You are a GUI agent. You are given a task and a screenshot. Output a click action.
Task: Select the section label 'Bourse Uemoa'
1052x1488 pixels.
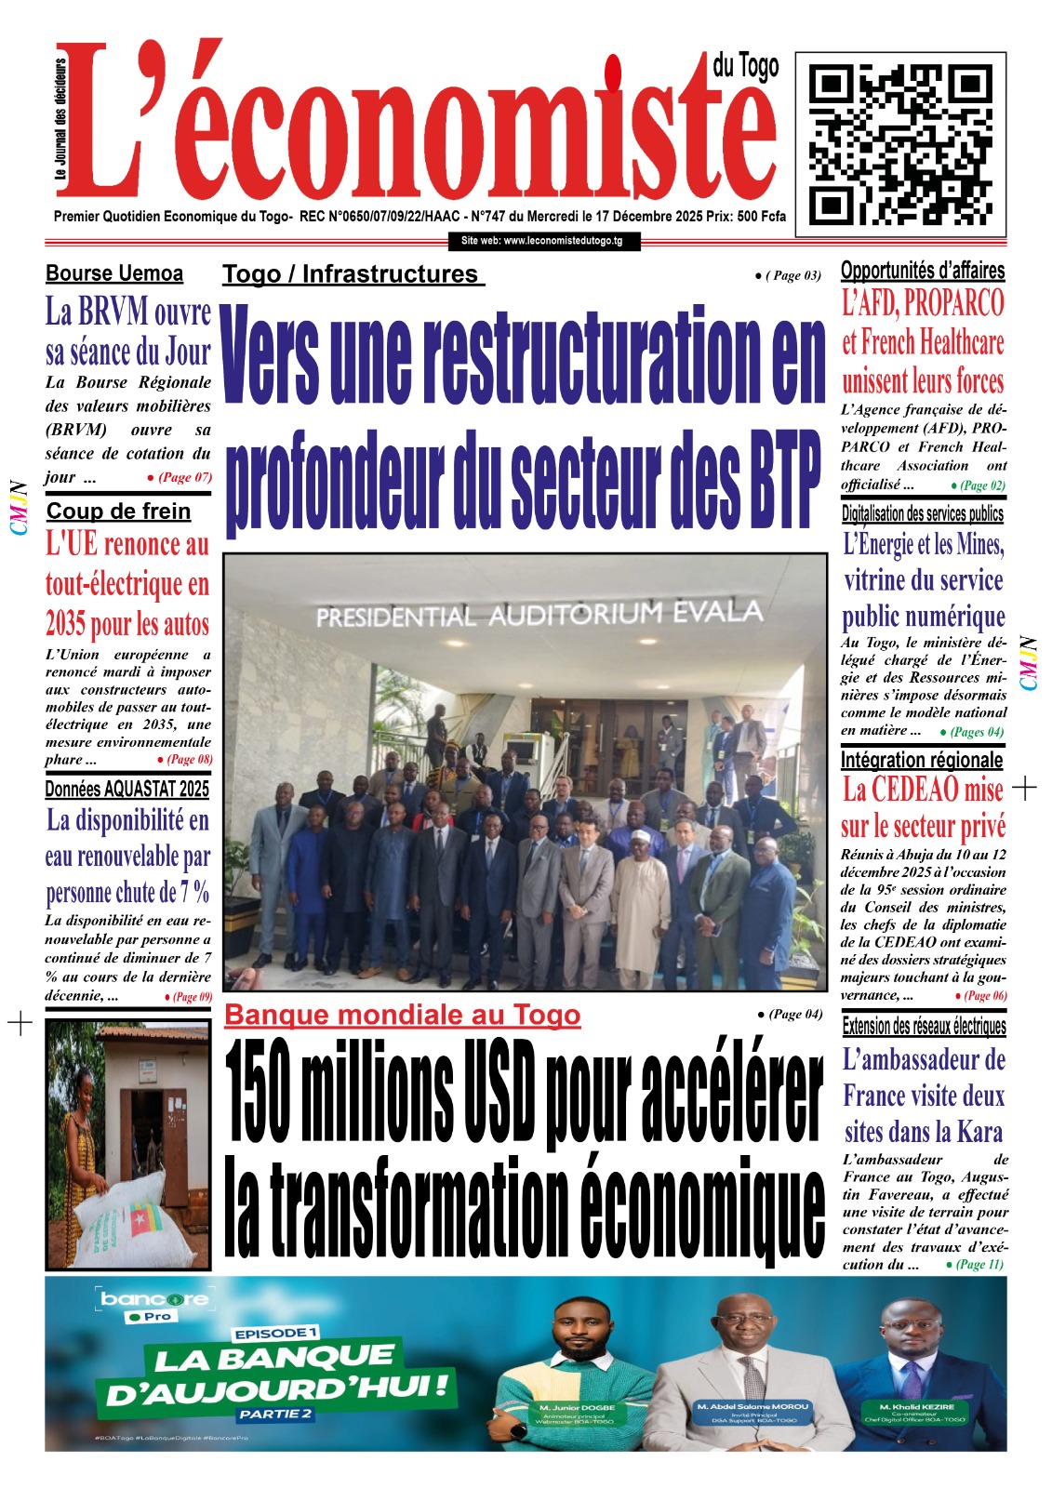point(114,273)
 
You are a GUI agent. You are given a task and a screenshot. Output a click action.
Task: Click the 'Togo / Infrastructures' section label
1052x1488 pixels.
point(353,274)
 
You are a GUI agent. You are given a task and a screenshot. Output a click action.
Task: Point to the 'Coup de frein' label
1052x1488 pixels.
point(118,511)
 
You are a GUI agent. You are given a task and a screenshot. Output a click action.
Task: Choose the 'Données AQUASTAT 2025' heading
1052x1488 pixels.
point(127,789)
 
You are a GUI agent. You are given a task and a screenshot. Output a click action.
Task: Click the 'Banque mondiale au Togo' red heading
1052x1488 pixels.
point(402,1015)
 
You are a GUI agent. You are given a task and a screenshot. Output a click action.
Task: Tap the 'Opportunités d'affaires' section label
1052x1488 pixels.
point(923,271)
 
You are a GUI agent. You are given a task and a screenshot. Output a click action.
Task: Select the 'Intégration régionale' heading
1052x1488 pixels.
point(922,760)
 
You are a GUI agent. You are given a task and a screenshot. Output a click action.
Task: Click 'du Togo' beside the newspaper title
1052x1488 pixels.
point(745,66)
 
